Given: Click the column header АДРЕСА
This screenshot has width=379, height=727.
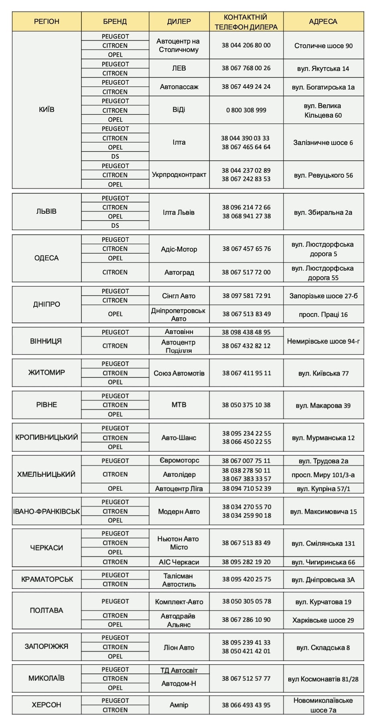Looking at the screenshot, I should [323, 22].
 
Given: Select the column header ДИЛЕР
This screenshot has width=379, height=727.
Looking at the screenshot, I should [179, 22].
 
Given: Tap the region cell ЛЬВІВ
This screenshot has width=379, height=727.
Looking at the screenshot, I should [47, 211].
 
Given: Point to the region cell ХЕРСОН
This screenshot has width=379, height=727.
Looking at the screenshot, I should [47, 705].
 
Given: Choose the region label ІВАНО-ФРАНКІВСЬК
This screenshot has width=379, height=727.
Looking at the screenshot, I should [47, 511].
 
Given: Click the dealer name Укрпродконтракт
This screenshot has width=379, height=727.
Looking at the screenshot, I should [179, 174].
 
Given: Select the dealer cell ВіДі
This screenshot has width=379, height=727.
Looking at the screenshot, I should [179, 110].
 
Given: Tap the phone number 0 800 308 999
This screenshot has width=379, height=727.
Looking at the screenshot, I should [246, 110].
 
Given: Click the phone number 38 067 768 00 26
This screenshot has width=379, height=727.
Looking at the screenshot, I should [246, 68].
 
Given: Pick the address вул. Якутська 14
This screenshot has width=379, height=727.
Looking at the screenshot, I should [323, 69].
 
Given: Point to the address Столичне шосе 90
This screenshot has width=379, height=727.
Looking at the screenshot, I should [323, 46].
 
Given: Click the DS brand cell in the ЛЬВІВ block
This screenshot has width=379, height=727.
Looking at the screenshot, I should [115, 225].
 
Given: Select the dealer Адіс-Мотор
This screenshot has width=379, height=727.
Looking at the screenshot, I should [179, 249].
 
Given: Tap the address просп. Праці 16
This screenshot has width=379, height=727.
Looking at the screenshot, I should [323, 314].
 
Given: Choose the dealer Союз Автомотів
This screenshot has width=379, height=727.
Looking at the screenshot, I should [179, 373].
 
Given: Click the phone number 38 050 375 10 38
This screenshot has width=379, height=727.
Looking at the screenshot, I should [246, 405].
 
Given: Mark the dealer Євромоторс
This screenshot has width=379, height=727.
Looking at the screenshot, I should [179, 460].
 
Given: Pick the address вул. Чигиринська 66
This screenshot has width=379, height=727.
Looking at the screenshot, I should [323, 562].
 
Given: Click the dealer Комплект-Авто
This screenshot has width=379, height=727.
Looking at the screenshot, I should [179, 602].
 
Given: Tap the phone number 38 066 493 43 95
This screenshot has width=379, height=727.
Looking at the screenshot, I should [246, 705].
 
